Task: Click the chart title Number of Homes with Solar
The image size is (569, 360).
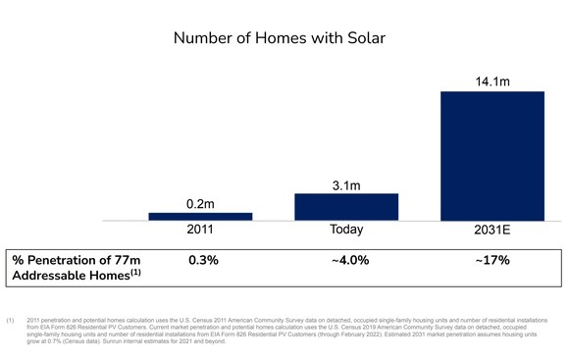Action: point(284,38)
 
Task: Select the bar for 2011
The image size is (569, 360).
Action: point(200,217)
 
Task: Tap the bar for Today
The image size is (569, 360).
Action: point(346,207)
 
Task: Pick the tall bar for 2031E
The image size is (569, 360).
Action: point(491,156)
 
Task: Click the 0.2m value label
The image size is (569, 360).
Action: point(200,203)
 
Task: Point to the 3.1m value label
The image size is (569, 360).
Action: point(346,183)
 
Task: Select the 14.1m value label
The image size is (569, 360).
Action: point(491,80)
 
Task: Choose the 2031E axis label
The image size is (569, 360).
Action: point(491,231)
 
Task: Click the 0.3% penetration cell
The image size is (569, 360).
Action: point(203,260)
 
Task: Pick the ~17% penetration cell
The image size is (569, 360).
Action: point(492,260)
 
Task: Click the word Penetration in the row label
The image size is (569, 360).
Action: point(70,260)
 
